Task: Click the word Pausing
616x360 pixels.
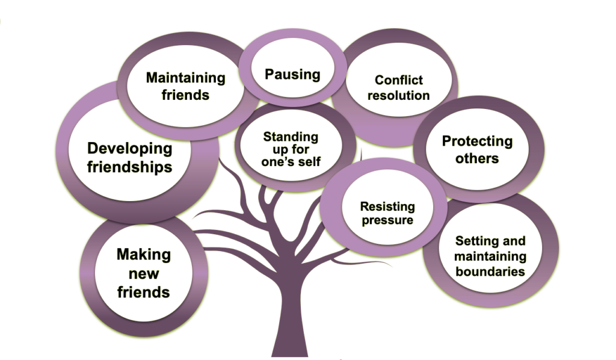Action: (293, 74)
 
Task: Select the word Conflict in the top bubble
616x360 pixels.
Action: (398, 80)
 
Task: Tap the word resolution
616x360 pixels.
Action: (398, 95)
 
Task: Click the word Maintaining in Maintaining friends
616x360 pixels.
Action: (185, 78)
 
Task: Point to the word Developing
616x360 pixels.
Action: (129, 149)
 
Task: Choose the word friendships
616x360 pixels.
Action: (129, 167)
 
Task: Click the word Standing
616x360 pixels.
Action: (291, 136)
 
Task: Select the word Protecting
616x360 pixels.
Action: (477, 141)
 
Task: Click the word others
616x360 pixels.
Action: (477, 158)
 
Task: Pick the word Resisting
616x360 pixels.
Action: (387, 206)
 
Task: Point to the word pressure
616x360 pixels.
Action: (387, 220)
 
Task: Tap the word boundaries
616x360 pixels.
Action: (490, 272)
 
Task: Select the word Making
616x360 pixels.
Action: (143, 255)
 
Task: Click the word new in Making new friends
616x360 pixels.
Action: (143, 274)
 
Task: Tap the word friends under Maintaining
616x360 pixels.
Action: (185, 95)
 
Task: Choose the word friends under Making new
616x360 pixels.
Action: (143, 293)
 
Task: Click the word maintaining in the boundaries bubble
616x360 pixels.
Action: (490, 256)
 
